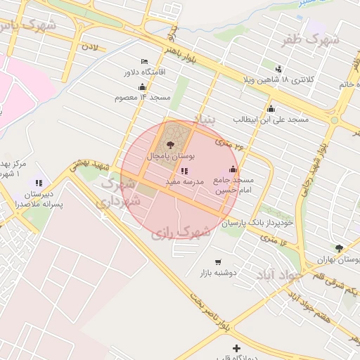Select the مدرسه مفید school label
(x=184, y=181)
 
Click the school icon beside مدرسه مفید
(x=184, y=170)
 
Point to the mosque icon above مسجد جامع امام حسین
(x=233, y=169)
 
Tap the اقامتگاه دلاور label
(x=144, y=72)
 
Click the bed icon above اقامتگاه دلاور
(x=144, y=62)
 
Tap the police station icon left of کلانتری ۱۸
(x=278, y=69)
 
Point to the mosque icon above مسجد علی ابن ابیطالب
(x=271, y=108)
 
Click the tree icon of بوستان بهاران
(x=339, y=248)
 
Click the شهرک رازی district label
(x=181, y=231)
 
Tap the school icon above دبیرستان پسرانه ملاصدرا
(x=39, y=183)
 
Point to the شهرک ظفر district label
(x=311, y=40)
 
